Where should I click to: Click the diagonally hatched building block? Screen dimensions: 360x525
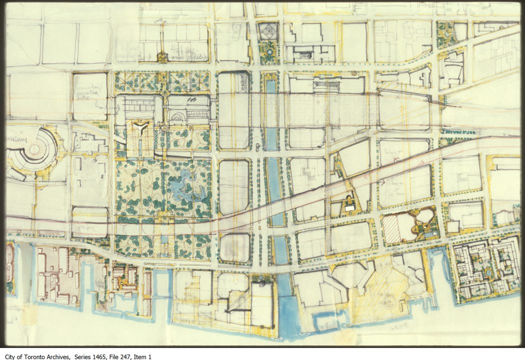point(392,229)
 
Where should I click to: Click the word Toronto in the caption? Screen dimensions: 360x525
point(40,356)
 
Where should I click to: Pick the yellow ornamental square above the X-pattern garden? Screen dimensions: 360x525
point(162,57)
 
